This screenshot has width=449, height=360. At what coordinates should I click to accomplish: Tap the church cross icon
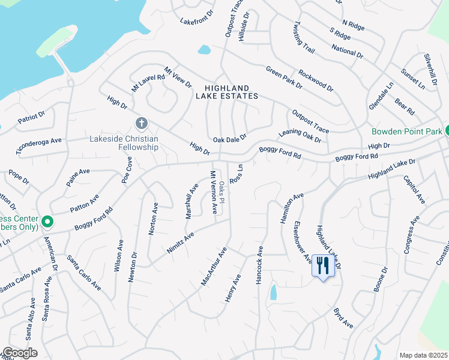(x=141, y=124)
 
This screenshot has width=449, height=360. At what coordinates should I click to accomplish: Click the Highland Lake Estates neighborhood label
(x=227, y=92)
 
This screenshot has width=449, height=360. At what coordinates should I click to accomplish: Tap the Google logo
(x=20, y=353)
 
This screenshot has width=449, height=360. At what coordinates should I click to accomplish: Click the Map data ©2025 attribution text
(x=423, y=355)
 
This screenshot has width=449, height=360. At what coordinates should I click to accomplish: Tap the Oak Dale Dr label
(x=230, y=139)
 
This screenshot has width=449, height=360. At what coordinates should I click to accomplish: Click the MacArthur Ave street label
(x=214, y=266)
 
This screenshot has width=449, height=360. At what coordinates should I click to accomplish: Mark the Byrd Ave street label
(x=343, y=319)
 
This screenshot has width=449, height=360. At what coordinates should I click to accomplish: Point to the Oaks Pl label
(x=221, y=191)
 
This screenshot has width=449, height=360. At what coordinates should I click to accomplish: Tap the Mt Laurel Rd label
(x=148, y=83)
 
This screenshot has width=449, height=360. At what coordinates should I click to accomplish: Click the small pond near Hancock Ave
(x=274, y=292)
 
